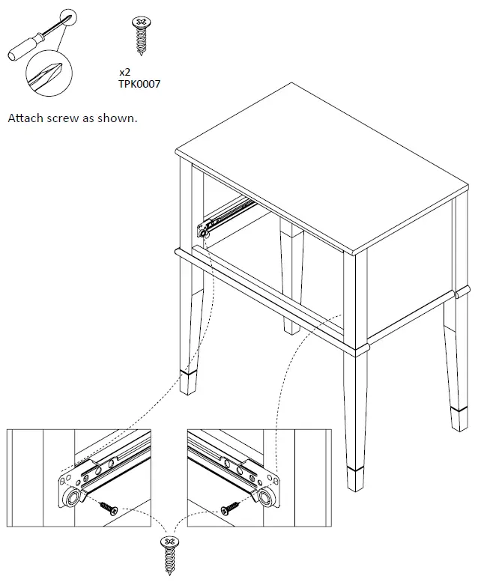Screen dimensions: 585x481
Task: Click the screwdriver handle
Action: pyautogui.click(x=20, y=50)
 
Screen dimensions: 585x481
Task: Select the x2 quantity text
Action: pyautogui.click(x=125, y=73)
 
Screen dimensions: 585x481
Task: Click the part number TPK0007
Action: pyautogui.click(x=139, y=84)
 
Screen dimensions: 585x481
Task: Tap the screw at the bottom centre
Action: pyautogui.click(x=169, y=554)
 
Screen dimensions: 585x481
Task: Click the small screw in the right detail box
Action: pyautogui.click(x=230, y=509)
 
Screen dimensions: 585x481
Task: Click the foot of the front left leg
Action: pyautogui.click(x=190, y=381)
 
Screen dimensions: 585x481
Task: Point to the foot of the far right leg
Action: pyautogui.click(x=460, y=416)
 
